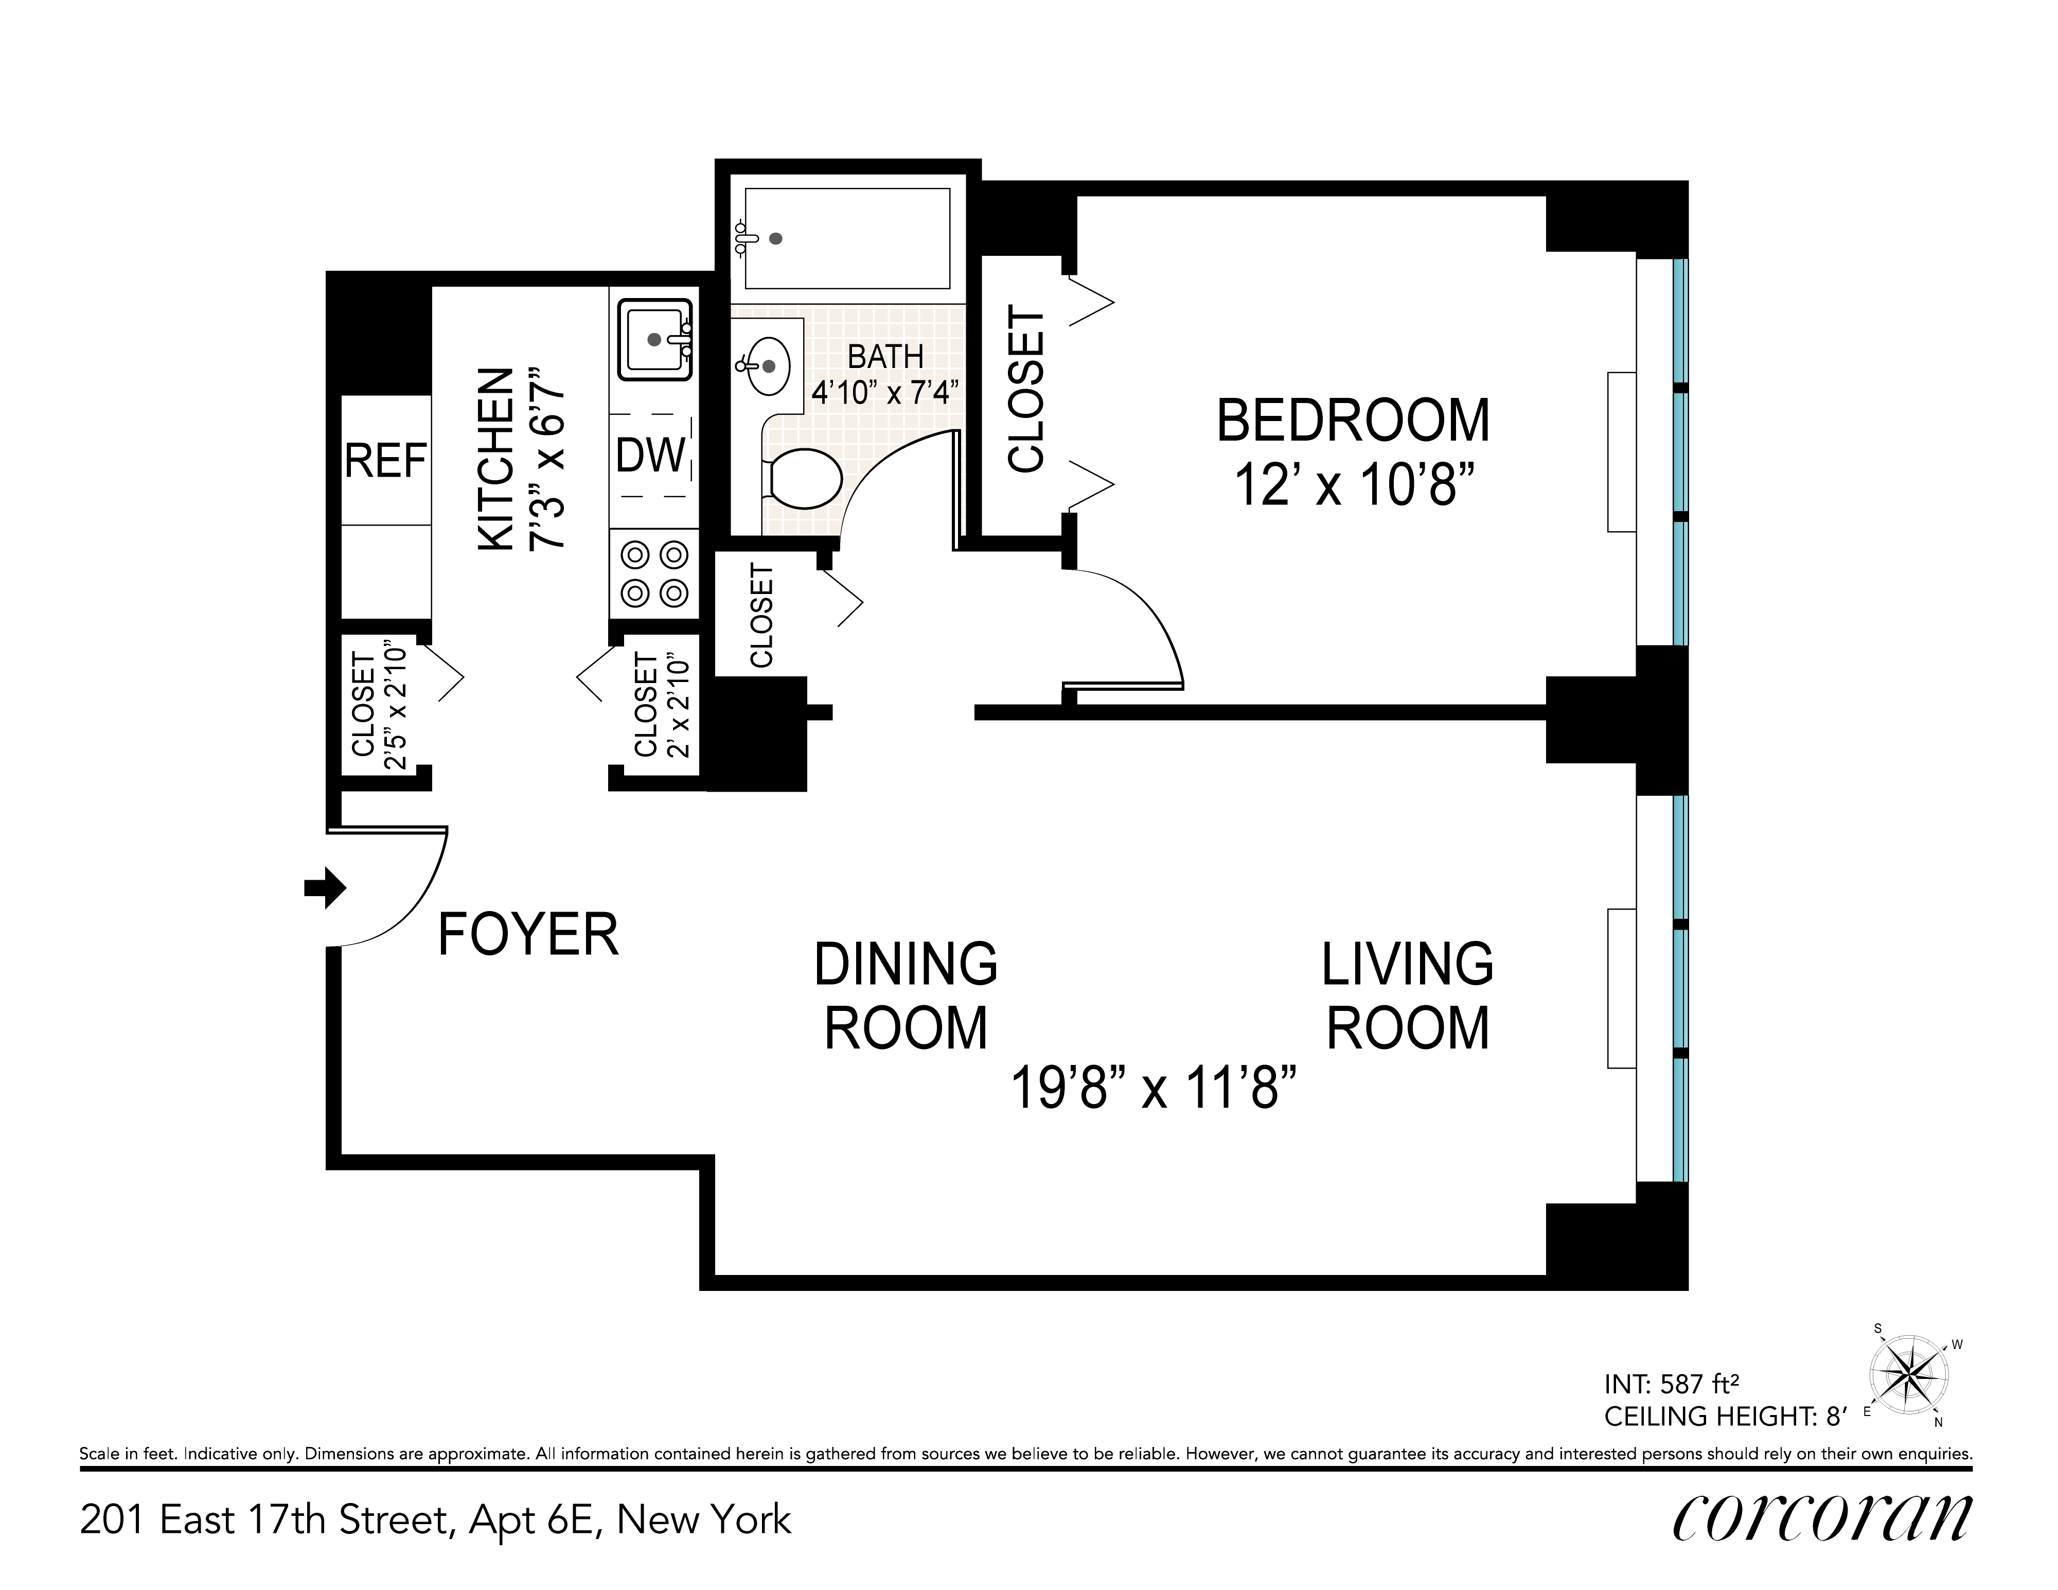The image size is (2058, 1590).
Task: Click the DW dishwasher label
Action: coord(650,456)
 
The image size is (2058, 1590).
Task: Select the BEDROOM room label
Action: coord(1353,421)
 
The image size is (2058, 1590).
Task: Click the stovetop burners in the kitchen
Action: coord(655,573)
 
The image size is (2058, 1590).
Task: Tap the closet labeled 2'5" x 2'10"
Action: coord(378,706)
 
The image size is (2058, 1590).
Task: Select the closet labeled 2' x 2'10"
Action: coord(661,706)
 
